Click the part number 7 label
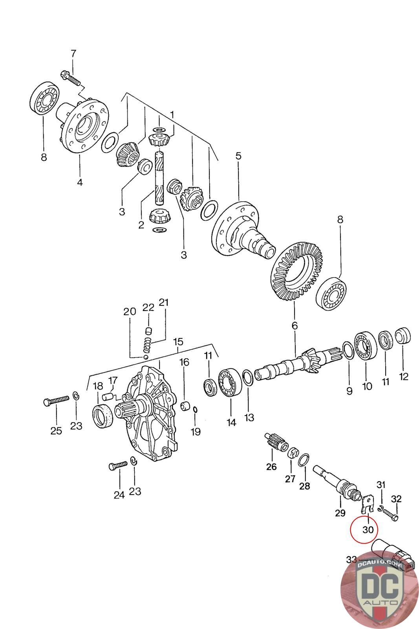click(73, 54)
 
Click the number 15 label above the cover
click(178, 340)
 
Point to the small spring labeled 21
click(146, 346)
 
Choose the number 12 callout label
click(403, 377)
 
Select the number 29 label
click(340, 513)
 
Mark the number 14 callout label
click(231, 423)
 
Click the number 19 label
click(195, 432)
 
